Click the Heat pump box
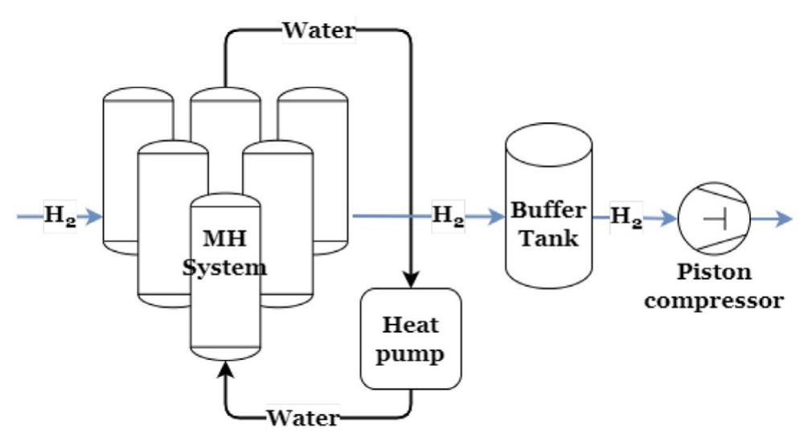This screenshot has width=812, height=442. click(x=411, y=338)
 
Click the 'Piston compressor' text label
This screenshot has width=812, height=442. click(x=714, y=286)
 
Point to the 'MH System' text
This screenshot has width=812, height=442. click(x=224, y=254)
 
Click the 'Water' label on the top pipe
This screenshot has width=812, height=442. click(x=318, y=31)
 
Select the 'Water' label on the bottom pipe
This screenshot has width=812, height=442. click(x=303, y=417)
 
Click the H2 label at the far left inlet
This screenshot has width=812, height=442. click(x=59, y=216)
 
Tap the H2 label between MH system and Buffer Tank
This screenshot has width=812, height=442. click(x=448, y=216)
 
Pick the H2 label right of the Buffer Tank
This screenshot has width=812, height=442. click(x=627, y=216)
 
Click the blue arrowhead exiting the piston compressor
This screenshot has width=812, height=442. click(x=783, y=217)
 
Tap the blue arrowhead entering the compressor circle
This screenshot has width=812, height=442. click(x=669, y=217)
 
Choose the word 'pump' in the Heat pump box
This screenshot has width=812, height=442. click(x=411, y=353)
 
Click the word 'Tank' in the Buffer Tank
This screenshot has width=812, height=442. click(x=548, y=238)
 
